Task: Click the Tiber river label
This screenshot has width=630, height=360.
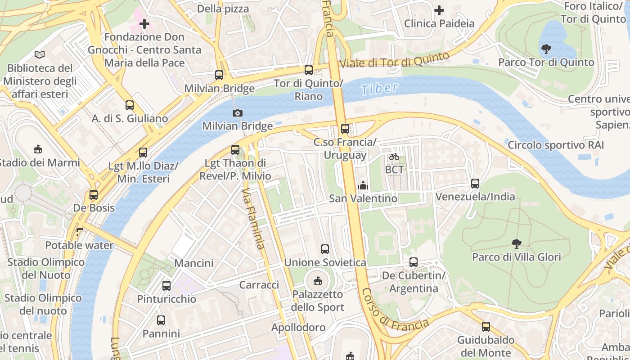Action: (380, 88)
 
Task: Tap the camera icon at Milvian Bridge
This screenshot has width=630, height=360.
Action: (237, 113)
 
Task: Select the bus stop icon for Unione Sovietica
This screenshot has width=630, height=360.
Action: (325, 249)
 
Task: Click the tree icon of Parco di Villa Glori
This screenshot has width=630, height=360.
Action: (516, 243)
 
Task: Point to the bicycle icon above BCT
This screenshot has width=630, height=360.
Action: (394, 157)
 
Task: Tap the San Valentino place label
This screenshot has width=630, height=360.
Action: (363, 198)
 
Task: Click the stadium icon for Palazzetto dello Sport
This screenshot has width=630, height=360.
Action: (317, 281)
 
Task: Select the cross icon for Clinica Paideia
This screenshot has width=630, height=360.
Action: (439, 10)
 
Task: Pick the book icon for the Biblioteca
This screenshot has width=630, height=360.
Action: (40, 54)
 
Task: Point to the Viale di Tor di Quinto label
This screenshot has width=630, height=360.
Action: (394, 61)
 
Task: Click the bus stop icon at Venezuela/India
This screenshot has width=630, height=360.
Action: (475, 183)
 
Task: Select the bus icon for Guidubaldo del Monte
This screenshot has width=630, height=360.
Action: (486, 326)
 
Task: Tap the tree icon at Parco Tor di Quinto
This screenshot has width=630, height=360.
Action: (546, 49)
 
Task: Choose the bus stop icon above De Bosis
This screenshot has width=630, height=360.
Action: (94, 195)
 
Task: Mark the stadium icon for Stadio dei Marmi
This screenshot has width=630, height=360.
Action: (38, 149)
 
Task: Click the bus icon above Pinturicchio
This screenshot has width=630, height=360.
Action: (166, 285)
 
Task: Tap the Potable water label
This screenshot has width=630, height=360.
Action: (80, 245)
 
